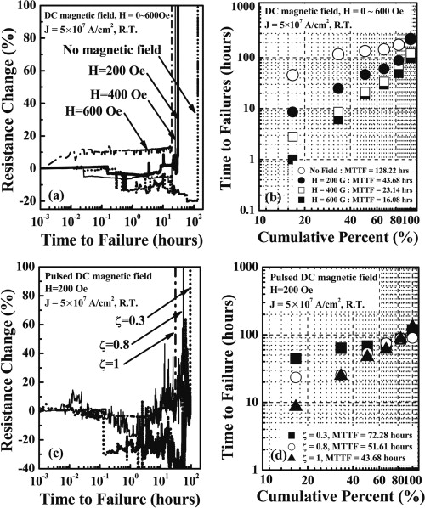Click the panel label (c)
59,458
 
